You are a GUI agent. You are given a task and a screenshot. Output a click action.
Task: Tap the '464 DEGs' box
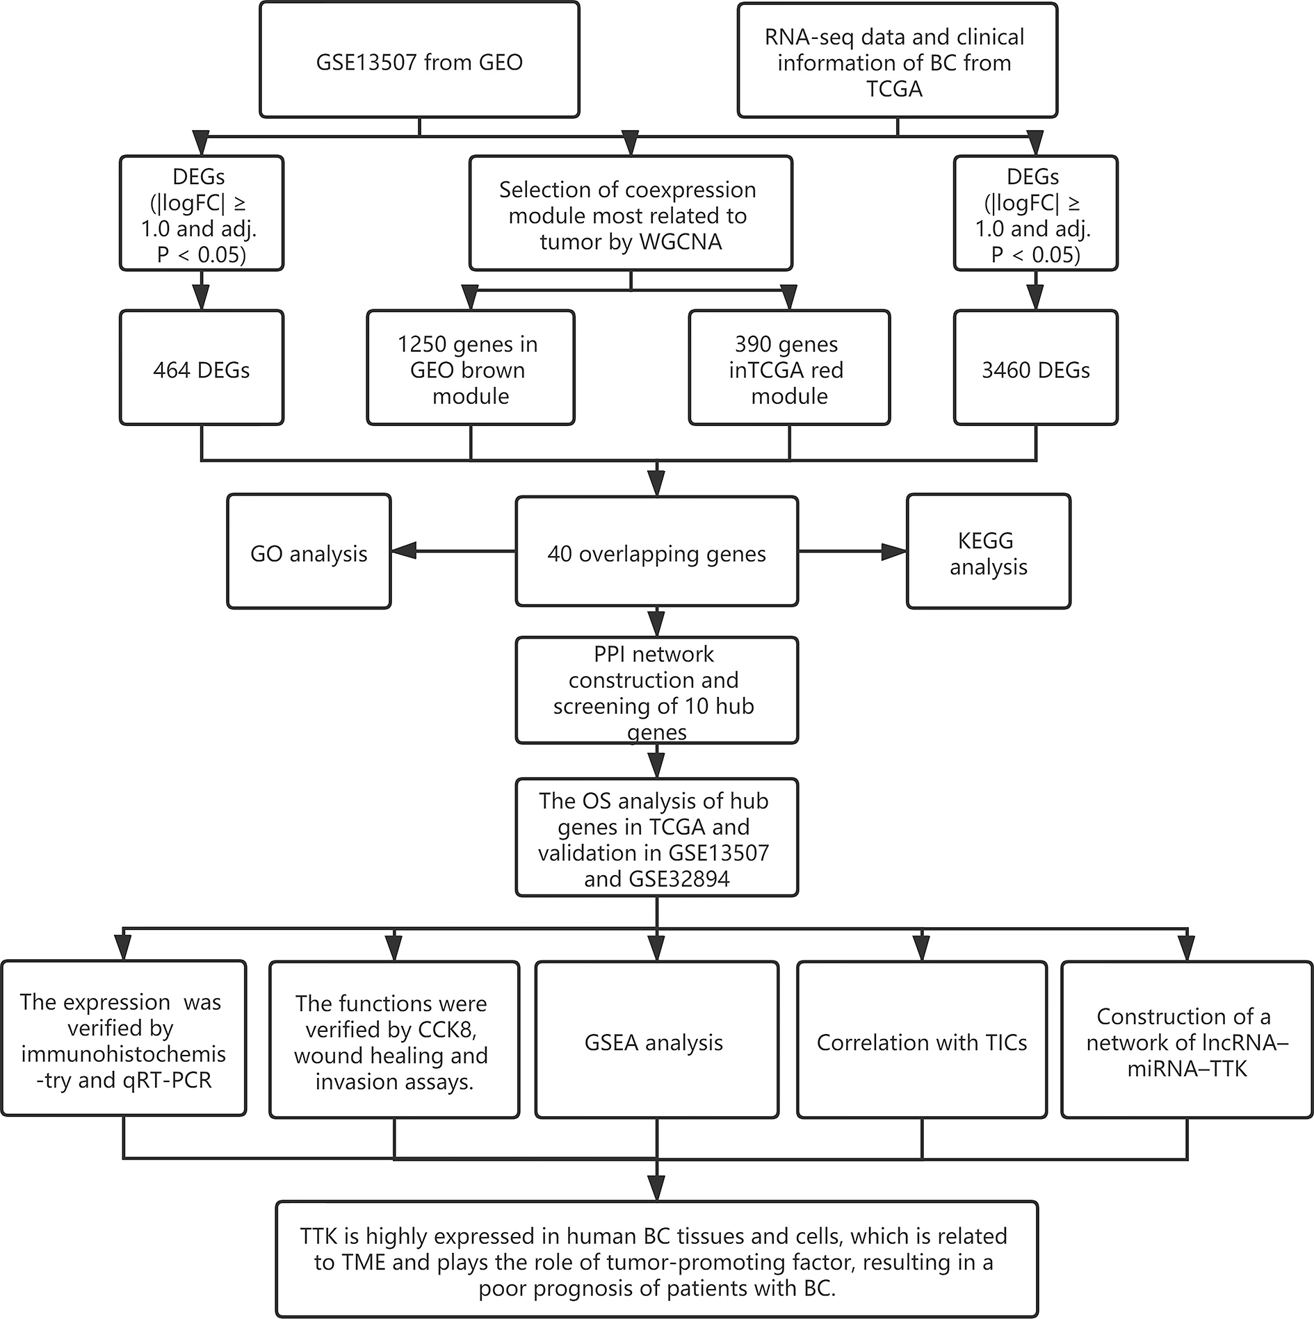tap(202, 369)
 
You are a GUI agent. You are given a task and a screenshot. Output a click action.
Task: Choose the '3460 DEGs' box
tap(1035, 369)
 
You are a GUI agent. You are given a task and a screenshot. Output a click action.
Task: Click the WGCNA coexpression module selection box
tap(631, 215)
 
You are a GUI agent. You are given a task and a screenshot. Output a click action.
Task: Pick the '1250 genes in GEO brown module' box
tap(470, 369)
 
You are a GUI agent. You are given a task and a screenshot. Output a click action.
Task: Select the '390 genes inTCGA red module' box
tap(789, 369)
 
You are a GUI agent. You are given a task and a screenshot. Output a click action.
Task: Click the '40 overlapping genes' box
tap(656, 553)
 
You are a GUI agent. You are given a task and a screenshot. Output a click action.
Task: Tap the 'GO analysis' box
tap(309, 553)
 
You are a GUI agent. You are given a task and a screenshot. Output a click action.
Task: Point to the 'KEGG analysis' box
tap(988, 553)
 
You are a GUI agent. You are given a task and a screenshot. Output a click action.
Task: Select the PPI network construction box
tap(656, 692)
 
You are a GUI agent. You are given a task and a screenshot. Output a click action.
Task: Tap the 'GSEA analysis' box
tap(656, 1042)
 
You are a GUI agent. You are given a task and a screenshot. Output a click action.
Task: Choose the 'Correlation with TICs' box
tap(921, 1042)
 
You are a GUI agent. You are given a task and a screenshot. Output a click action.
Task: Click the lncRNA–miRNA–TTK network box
tap(1186, 1042)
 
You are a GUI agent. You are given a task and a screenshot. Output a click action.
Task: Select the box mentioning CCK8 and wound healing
tap(394, 1042)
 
